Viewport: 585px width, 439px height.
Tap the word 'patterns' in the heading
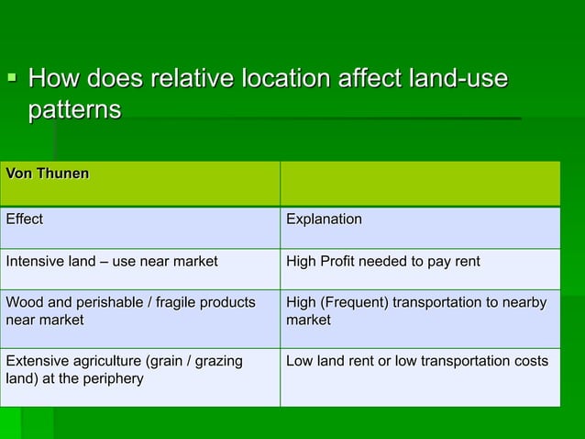(x=74, y=110)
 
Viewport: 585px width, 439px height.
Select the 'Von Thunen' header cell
(x=48, y=172)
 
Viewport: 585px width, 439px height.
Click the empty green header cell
(x=419, y=183)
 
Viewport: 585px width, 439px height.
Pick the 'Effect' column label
(x=24, y=219)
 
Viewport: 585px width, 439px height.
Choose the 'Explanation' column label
(x=324, y=219)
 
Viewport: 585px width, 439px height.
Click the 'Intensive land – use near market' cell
(x=112, y=262)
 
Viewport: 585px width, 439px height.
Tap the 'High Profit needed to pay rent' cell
(x=383, y=262)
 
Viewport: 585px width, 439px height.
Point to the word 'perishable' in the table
(x=105, y=302)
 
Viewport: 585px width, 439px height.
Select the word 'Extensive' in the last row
(x=36, y=361)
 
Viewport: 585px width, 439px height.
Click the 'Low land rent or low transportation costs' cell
(x=417, y=361)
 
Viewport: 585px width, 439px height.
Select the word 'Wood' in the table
(x=23, y=302)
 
